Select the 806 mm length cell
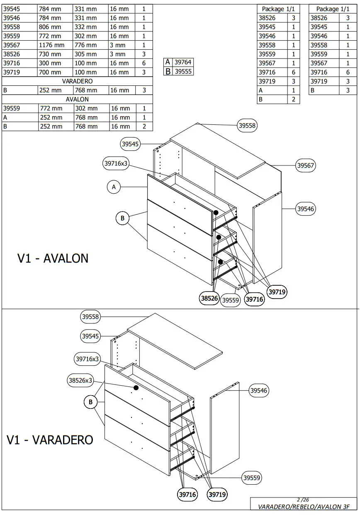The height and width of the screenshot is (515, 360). point(50,27)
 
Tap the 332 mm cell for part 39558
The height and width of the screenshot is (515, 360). point(85,27)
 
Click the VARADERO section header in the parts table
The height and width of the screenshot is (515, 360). point(77,81)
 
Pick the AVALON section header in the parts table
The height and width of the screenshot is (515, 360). point(77,100)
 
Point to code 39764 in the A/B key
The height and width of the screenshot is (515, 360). point(183,62)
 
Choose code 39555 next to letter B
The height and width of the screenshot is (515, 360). point(183,71)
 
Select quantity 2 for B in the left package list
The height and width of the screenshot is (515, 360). point(294,100)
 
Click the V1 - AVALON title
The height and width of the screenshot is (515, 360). point(53,258)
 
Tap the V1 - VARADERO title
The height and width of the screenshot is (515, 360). point(50,440)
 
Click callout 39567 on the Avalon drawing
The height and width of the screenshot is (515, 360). point(306,166)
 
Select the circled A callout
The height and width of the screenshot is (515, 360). point(114,187)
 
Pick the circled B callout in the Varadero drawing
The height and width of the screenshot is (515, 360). point(90,402)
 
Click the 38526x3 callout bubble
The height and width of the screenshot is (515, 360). point(80,380)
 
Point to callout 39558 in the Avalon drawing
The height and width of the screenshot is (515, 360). point(247,125)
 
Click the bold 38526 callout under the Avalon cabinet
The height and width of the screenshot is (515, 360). point(209,298)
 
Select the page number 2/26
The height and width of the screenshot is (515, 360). point(303,500)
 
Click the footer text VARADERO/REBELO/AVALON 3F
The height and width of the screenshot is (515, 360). point(304,507)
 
